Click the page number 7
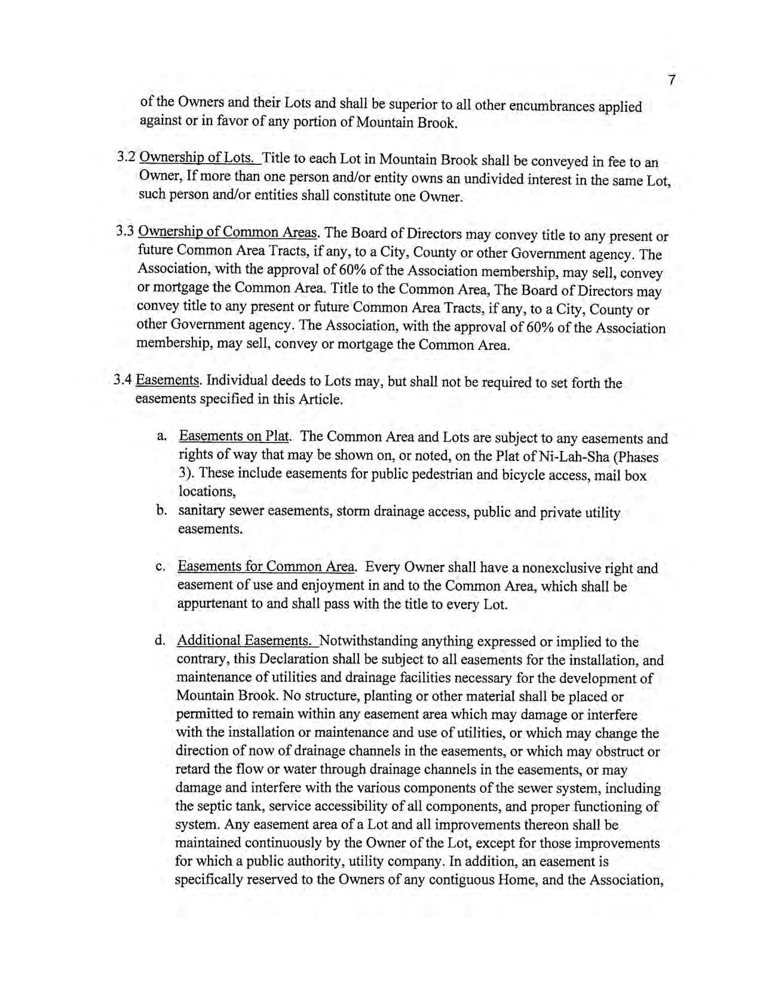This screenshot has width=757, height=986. pyautogui.click(x=672, y=80)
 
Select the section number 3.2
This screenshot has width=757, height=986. pyautogui.click(x=126, y=158)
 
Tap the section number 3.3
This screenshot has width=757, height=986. pyautogui.click(x=126, y=231)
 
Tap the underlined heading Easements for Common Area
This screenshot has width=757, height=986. pyautogui.click(x=266, y=567)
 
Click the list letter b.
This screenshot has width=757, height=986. pyautogui.click(x=161, y=511)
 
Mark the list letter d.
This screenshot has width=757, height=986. pyautogui.click(x=160, y=641)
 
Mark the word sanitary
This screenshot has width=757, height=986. pyautogui.click(x=201, y=511)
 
